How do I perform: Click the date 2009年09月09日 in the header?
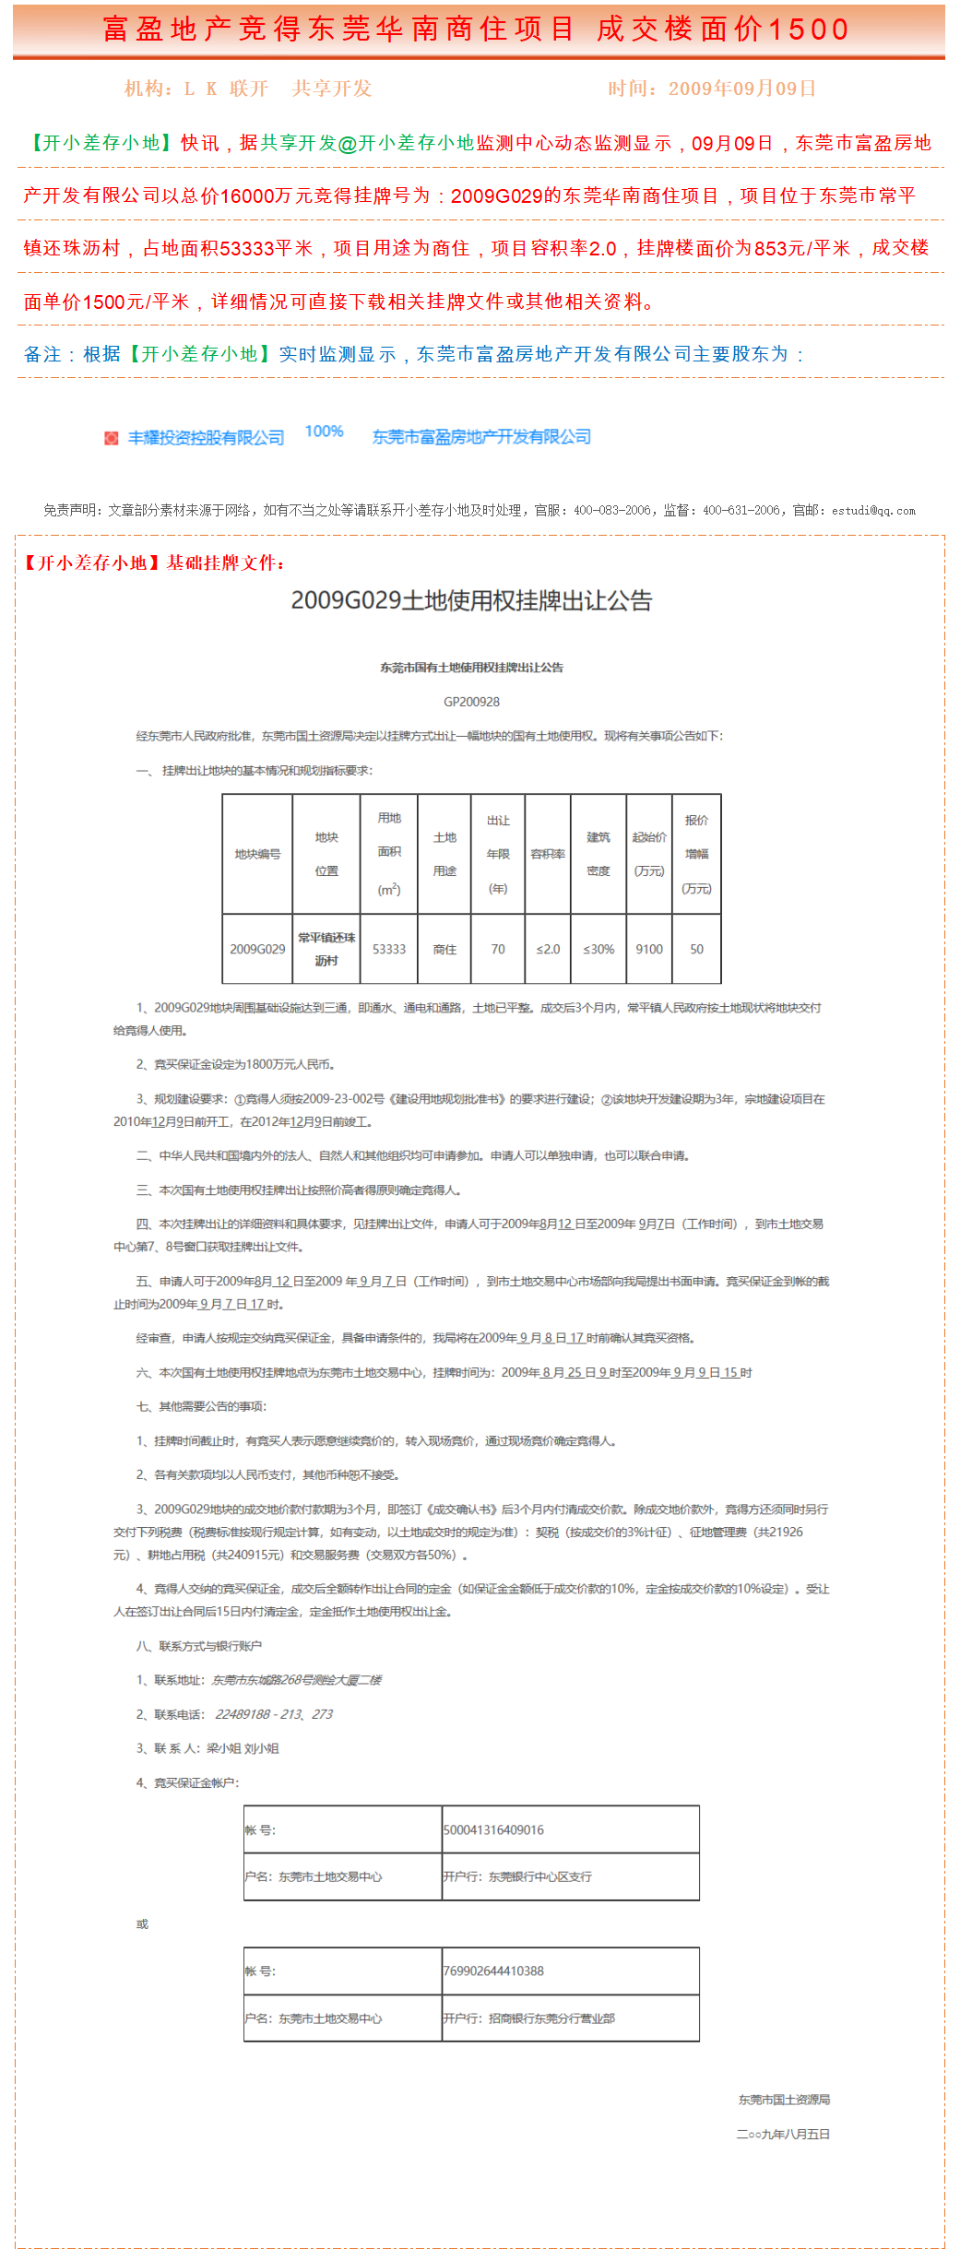click(742, 89)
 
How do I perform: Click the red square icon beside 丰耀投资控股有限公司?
click(112, 438)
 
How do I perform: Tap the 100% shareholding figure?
click(324, 432)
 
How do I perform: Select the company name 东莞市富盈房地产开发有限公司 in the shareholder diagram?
click(481, 437)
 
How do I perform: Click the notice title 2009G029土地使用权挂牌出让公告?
click(471, 601)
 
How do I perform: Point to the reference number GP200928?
click(471, 702)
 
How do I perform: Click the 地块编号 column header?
click(257, 854)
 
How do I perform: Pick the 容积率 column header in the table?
click(548, 854)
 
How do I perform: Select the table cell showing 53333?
click(388, 949)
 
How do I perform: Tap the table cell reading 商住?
click(444, 949)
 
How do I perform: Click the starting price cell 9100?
click(649, 949)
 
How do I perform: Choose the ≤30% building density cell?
click(599, 949)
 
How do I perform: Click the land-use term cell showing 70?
click(498, 949)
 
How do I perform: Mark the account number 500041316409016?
click(493, 1829)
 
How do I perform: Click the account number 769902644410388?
click(493, 1971)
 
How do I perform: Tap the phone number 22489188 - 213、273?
click(274, 1714)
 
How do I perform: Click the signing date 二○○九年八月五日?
click(783, 2134)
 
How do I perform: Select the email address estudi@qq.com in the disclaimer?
click(873, 511)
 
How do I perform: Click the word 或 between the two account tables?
click(142, 1924)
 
